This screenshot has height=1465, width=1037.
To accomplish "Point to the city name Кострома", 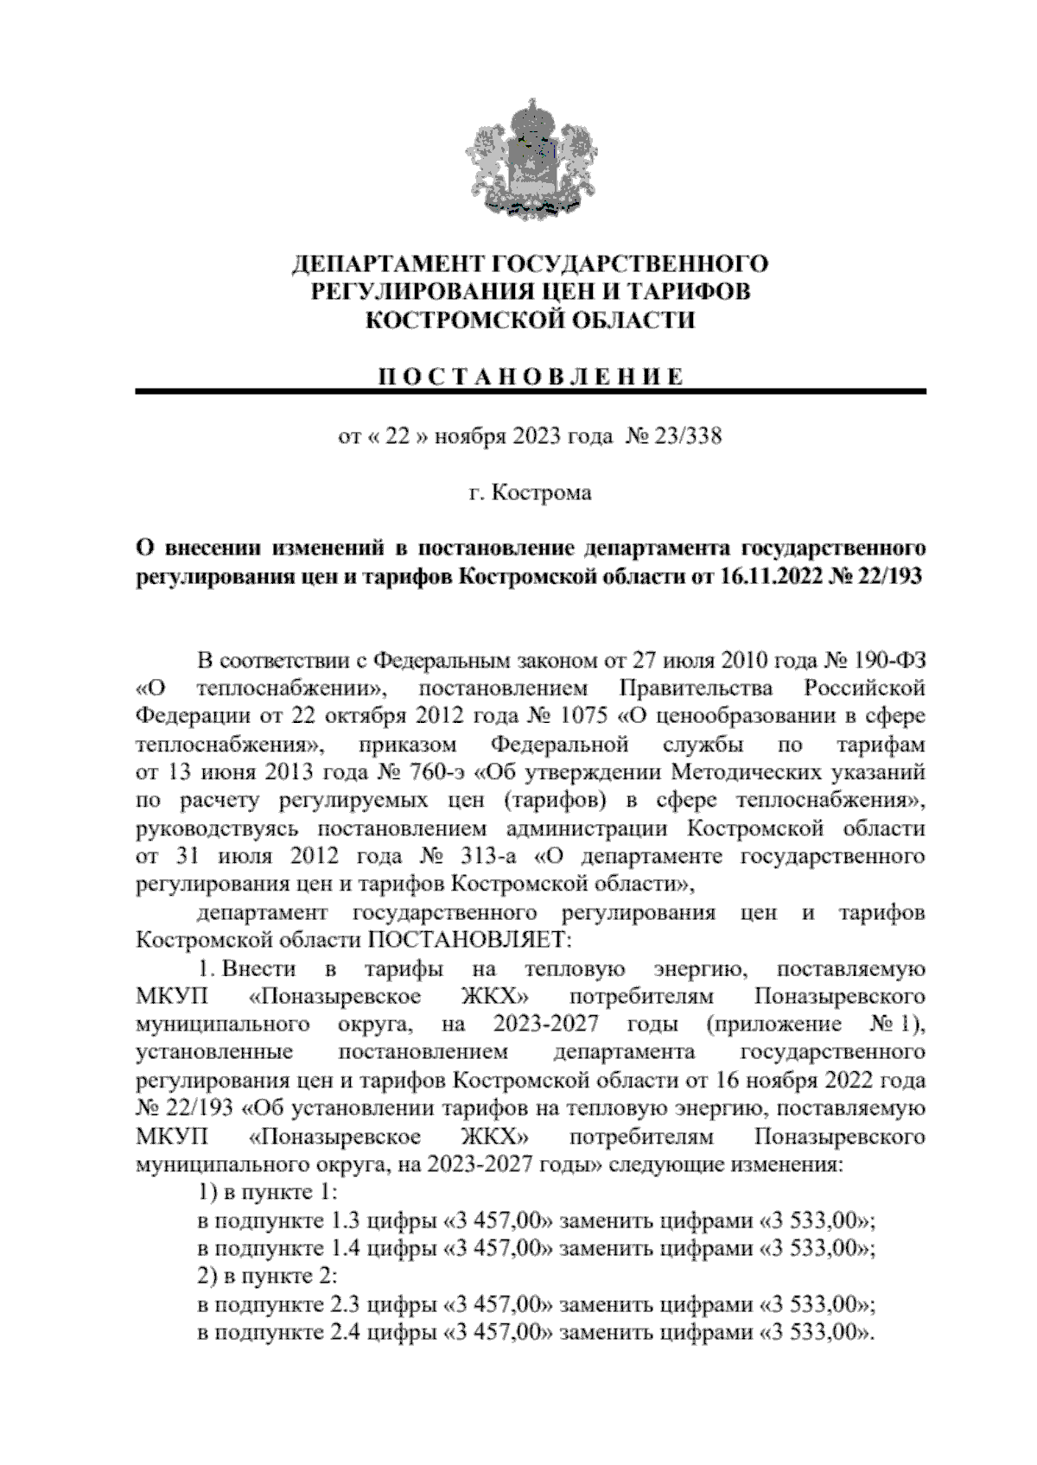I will tap(542, 493).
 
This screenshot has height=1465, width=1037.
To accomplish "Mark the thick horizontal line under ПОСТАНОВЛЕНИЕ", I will tap(531, 393).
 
